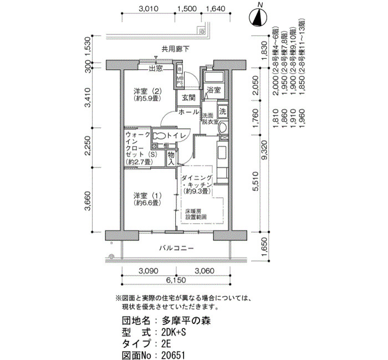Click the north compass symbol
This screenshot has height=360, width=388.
258,18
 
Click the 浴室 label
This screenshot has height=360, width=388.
213,90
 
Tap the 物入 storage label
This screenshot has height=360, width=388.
171,157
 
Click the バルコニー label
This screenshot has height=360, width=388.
176,248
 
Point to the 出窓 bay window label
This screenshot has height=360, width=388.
156,69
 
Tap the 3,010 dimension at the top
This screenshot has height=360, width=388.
149,9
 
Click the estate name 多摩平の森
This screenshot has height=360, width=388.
185,321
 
